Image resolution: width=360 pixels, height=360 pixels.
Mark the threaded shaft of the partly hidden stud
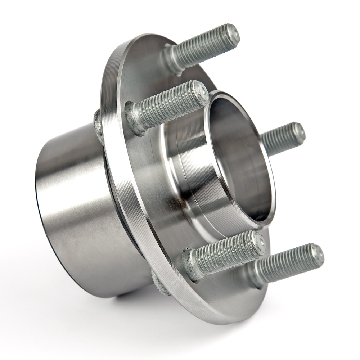coord(281,139)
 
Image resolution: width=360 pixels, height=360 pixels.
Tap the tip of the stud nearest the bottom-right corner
coord(317,254)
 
